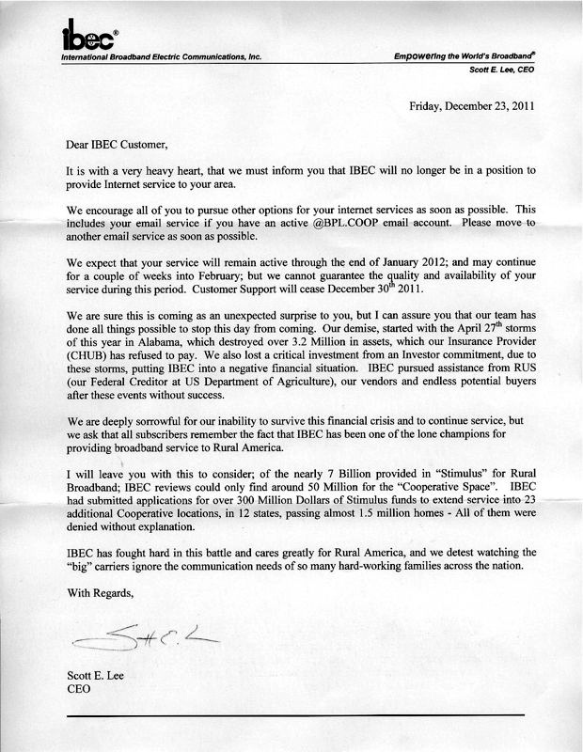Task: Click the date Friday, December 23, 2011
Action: click(471, 106)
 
